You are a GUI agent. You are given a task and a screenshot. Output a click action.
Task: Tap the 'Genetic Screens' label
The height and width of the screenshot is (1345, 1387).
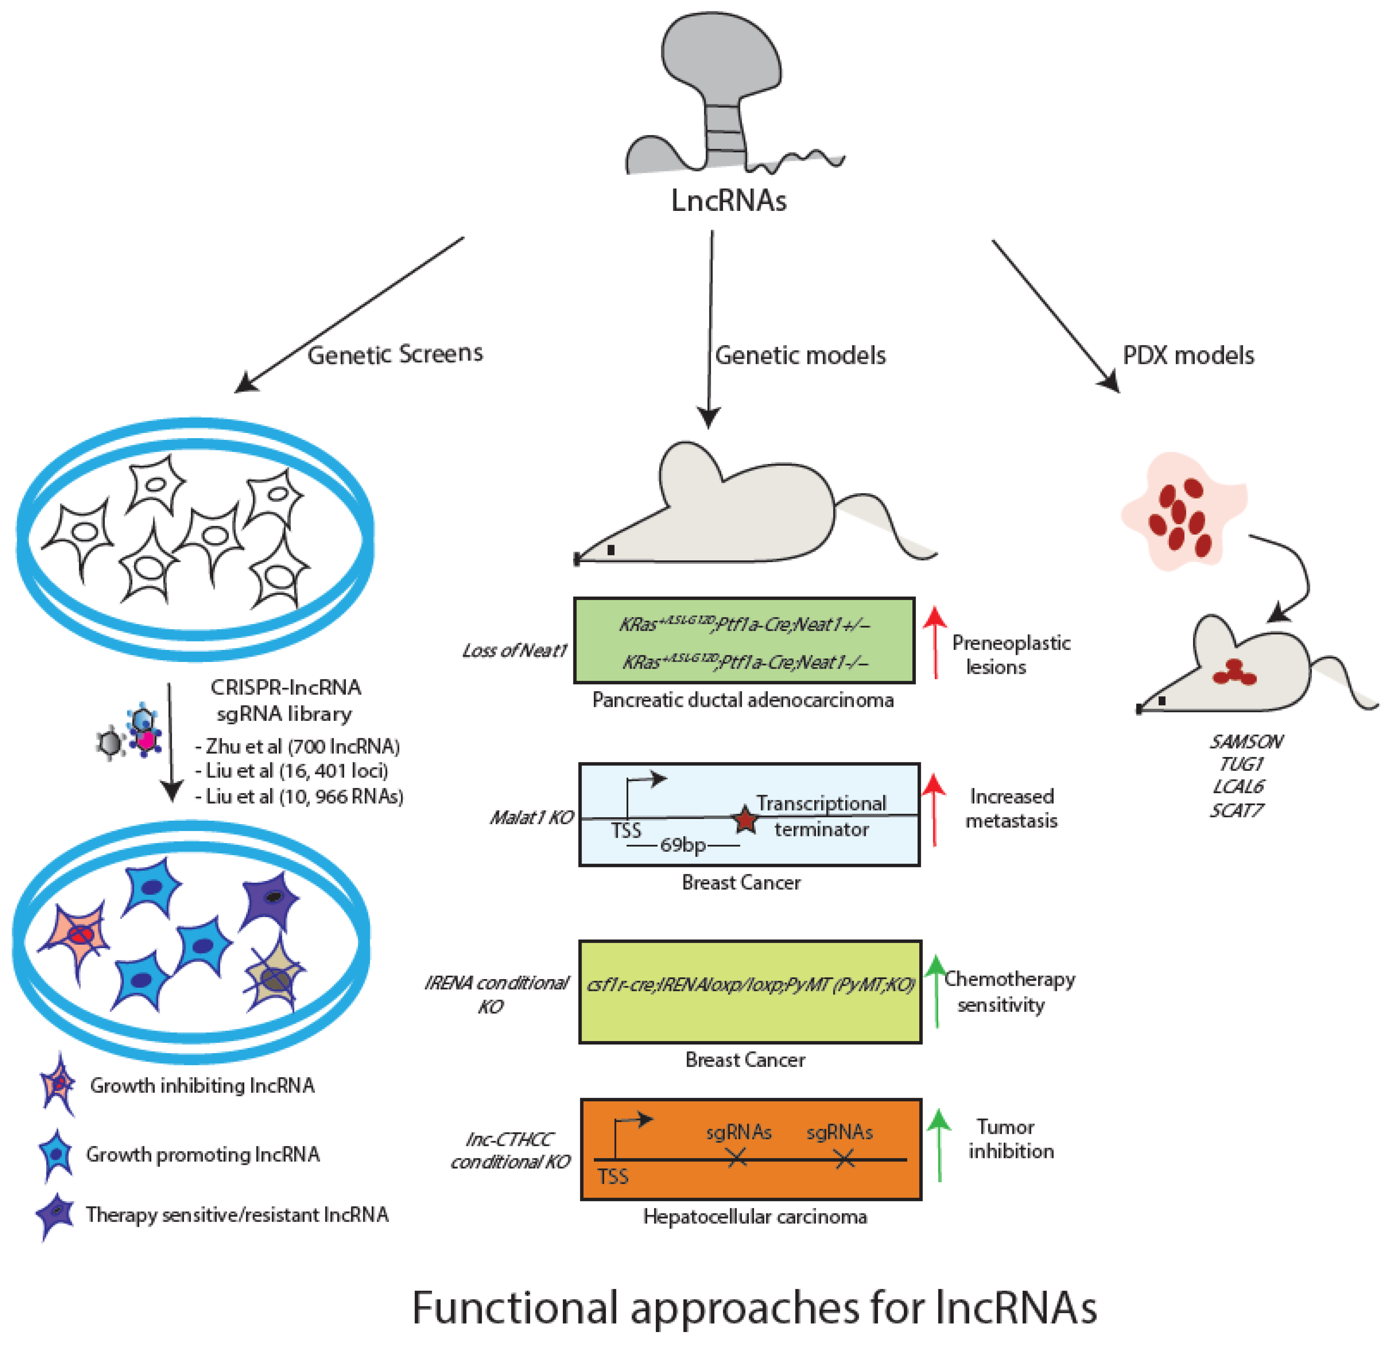(x=395, y=354)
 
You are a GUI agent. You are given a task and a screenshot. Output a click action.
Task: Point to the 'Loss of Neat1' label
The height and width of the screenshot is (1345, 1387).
(x=514, y=650)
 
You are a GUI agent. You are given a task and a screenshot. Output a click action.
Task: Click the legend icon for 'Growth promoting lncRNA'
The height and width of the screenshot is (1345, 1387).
(x=57, y=1154)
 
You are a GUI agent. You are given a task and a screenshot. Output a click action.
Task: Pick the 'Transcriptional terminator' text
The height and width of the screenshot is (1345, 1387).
(x=821, y=816)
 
